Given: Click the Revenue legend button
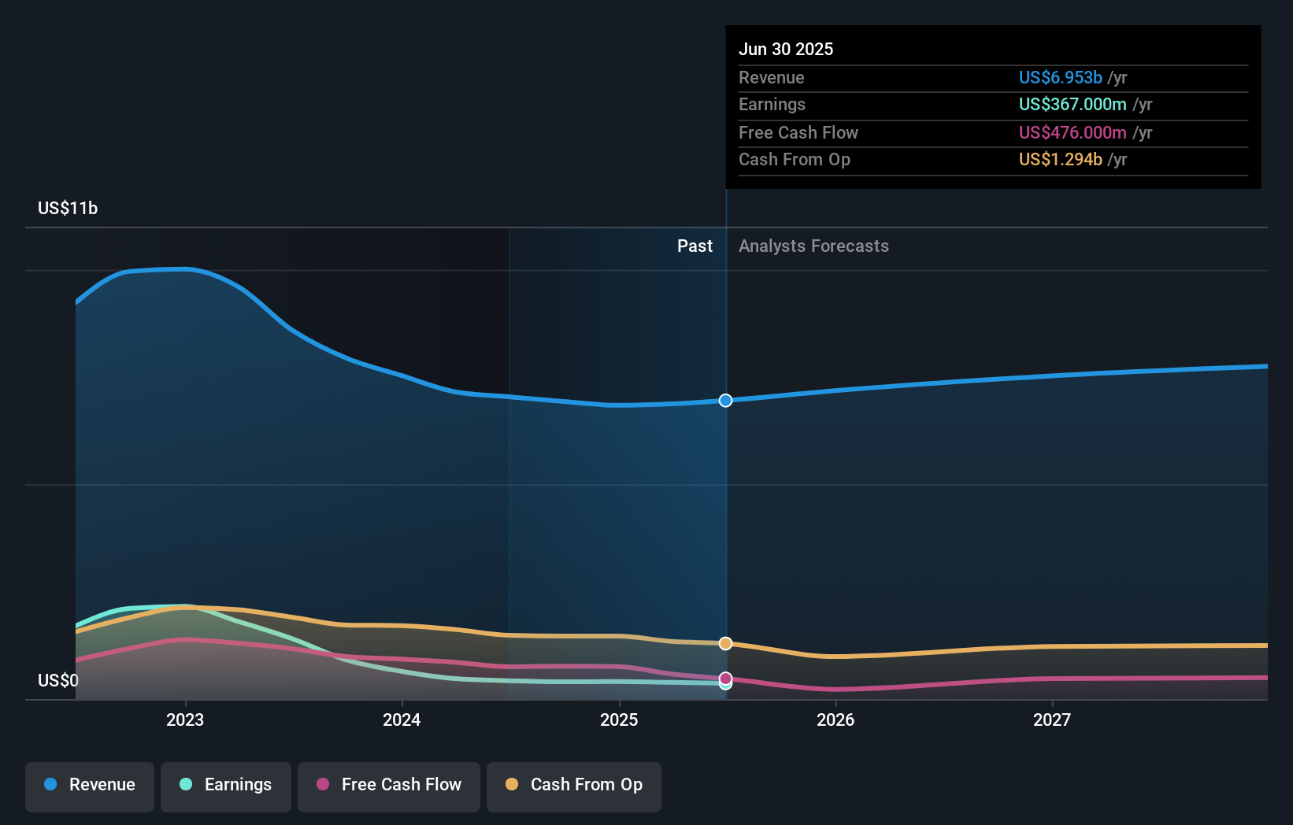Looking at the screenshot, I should point(90,785).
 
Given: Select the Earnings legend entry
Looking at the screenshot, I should point(226,785).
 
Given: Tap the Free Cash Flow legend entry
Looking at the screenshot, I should point(389,785).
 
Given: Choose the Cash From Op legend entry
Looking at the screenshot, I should point(574,785).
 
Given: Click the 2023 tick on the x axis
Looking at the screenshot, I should point(185,720).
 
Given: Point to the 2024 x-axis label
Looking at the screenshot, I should point(402,720).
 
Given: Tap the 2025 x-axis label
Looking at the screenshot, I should point(619,720).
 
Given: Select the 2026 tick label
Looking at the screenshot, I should point(835,720).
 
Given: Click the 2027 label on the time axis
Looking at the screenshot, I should point(1052,720).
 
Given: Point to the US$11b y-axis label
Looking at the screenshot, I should point(68,208).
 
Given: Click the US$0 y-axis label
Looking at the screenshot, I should point(58,680).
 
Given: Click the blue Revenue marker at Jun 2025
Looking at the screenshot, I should point(725,401).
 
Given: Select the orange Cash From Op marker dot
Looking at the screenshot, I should point(725,644).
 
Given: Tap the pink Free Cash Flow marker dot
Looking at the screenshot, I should point(725,678).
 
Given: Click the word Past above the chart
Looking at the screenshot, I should point(695,246).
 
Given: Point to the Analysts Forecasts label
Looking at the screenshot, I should point(813,246).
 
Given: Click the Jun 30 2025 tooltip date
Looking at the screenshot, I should point(786,49).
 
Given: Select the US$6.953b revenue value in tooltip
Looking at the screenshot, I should point(1060,77).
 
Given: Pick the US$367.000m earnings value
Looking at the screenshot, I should point(1073,104).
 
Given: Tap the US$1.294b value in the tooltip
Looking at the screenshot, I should point(1060,159).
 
